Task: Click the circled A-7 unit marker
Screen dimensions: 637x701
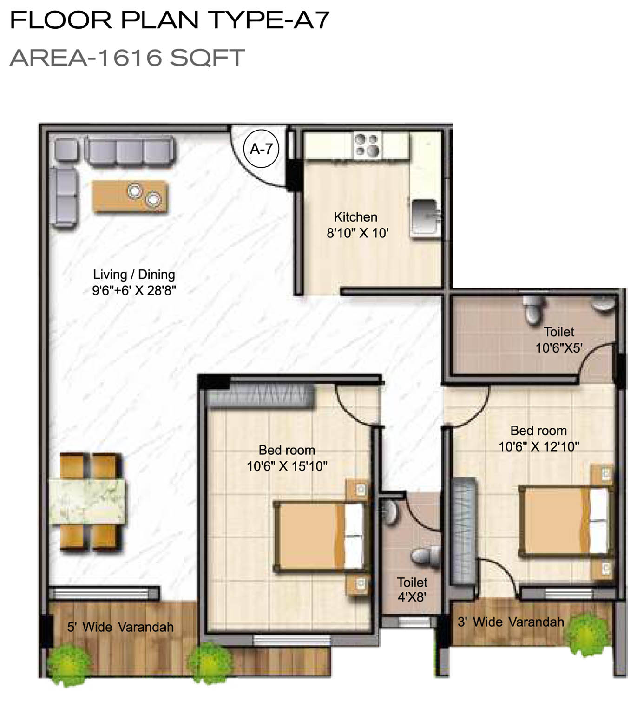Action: [x=261, y=149]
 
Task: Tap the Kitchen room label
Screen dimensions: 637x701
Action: [x=355, y=217]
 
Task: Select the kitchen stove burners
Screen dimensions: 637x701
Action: [x=367, y=144]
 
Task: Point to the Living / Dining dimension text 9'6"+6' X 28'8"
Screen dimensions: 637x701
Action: [x=134, y=290]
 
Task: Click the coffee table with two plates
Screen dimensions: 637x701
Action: [x=130, y=196]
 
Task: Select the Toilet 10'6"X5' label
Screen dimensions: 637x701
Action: [x=559, y=340]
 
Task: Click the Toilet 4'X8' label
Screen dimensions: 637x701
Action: [x=412, y=590]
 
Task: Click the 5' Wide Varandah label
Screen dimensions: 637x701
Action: [x=121, y=627]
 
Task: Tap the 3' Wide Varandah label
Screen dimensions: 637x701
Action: [x=511, y=622]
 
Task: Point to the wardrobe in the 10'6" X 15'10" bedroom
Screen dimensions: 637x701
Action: [x=260, y=396]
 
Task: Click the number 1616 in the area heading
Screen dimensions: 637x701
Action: [x=129, y=58]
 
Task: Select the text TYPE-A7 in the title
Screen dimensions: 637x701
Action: [x=269, y=20]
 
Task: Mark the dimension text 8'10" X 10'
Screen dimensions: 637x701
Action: [x=358, y=233]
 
